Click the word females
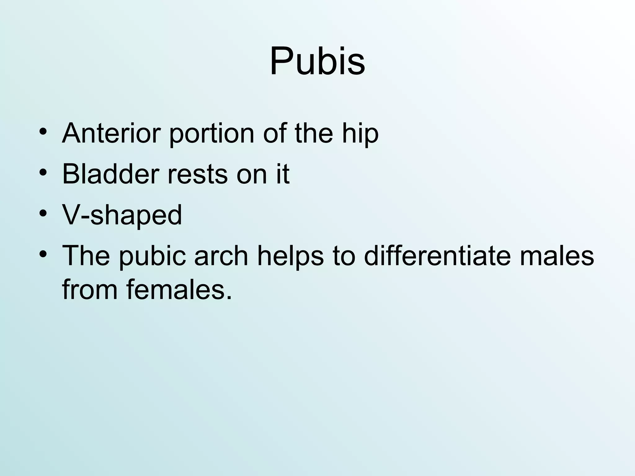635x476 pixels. (179, 289)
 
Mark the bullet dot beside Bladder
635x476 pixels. (43, 172)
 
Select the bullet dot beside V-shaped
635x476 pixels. (43, 214)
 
